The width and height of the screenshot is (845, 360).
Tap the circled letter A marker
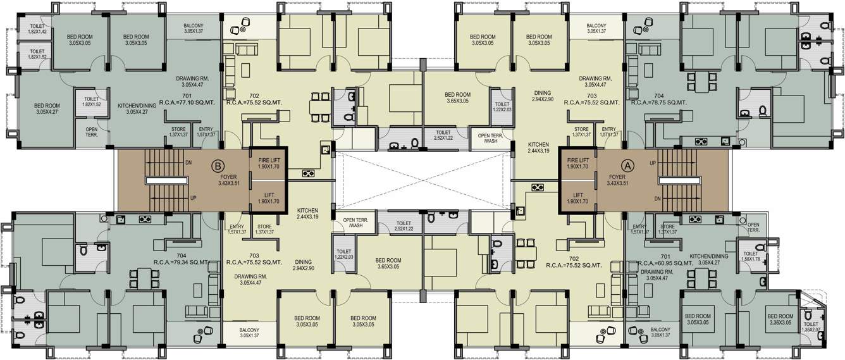pos(627,164)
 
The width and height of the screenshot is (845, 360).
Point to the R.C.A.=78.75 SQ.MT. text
pos(659,101)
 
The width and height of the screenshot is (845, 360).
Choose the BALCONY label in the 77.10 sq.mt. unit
pos(194,28)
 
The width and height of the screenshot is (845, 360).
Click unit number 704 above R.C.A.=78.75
pos(659,94)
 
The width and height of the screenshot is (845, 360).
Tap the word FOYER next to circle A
pos(617,177)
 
